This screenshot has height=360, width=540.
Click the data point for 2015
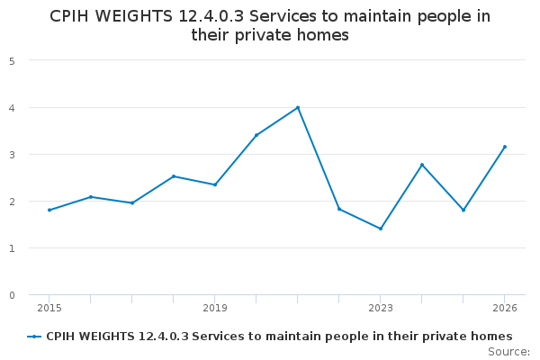(x=49, y=210)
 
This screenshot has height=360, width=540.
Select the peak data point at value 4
(x=298, y=108)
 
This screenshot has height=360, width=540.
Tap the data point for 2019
(x=215, y=184)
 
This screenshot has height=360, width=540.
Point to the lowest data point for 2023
(x=381, y=229)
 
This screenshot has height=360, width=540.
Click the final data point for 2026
(x=505, y=147)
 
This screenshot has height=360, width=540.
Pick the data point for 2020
(x=256, y=135)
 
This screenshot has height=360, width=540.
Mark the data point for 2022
(x=339, y=209)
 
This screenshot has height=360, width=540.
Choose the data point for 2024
(x=422, y=165)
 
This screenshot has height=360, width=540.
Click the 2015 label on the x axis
(x=49, y=309)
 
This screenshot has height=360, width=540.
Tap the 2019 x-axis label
(x=215, y=309)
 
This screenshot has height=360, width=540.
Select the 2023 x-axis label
(x=381, y=309)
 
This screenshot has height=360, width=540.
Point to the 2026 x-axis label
(x=505, y=309)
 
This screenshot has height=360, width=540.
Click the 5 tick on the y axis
(x=12, y=61)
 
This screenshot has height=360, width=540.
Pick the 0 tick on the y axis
(x=12, y=295)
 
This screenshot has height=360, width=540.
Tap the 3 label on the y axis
(x=12, y=155)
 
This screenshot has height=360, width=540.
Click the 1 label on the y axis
(x=12, y=248)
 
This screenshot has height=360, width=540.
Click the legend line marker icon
(x=34, y=337)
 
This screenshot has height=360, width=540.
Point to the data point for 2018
(x=174, y=176)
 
